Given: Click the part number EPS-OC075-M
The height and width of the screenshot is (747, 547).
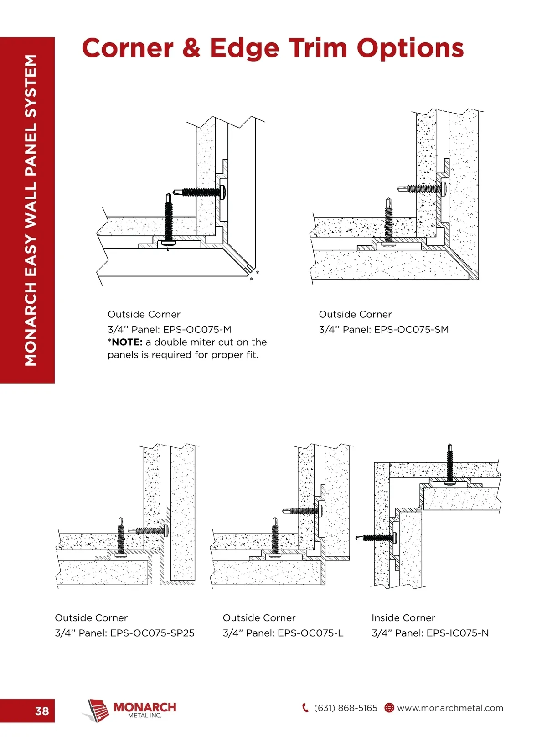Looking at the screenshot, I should point(197,329).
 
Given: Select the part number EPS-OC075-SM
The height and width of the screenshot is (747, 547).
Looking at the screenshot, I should point(411,329).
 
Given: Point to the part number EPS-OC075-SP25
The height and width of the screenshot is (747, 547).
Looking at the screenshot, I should point(152,633).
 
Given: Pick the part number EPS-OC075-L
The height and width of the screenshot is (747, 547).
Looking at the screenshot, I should point(310,633).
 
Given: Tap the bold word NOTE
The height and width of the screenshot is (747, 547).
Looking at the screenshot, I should point(127,342).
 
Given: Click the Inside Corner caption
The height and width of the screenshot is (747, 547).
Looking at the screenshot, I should point(403,618).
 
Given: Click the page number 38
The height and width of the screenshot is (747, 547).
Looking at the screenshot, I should point(42,711).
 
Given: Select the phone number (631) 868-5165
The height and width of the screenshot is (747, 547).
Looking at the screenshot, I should point(346,708).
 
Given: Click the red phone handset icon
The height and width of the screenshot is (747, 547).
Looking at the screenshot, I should point(305,708).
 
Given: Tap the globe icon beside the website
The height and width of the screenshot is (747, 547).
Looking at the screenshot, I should point(389,708).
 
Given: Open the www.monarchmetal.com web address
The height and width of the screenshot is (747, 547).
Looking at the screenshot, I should point(450,708).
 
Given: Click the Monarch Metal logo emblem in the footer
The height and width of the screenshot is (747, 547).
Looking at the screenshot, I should point(97,710).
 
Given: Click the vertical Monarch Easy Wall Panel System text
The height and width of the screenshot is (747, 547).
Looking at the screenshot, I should point(31,210).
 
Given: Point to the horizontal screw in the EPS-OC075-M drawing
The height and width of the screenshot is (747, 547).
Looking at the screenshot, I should point(201,192).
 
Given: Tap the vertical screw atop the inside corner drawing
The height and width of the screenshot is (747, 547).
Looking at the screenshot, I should point(450,463).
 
